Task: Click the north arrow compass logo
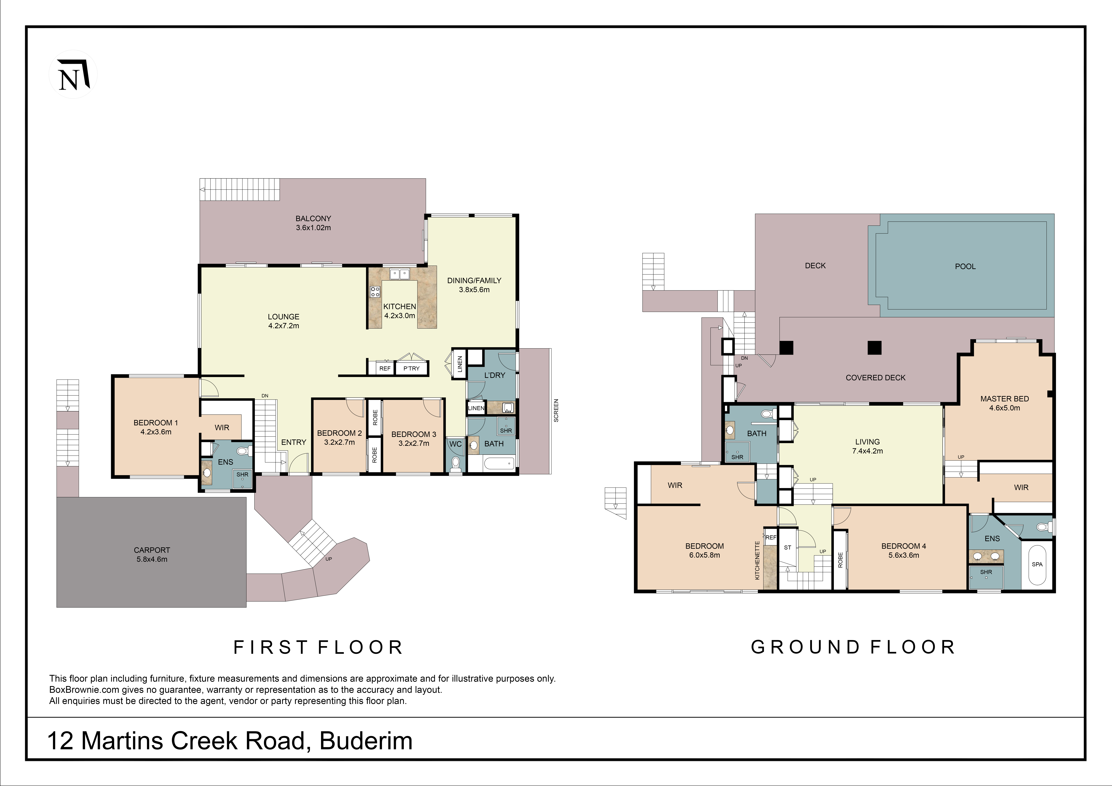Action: [73, 75]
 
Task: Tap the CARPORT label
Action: [152, 550]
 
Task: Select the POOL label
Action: [965, 266]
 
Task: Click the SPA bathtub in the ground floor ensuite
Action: [1037, 565]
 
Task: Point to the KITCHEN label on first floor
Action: [400, 307]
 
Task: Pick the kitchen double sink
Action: [400, 275]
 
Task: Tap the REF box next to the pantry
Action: [385, 369]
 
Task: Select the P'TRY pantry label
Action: [412, 369]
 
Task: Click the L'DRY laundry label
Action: [495, 375]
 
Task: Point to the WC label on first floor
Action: [455, 444]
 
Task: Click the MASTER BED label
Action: [1004, 399]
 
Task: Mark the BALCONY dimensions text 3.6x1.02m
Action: [313, 228]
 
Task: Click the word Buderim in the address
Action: [366, 741]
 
